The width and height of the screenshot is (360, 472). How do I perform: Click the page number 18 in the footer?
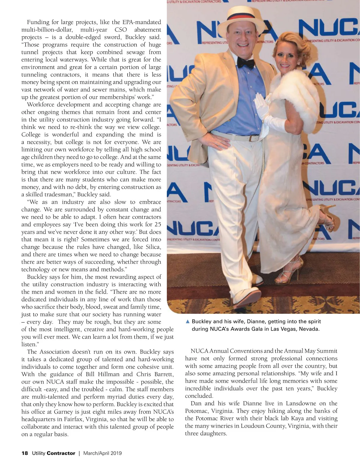point(25,453)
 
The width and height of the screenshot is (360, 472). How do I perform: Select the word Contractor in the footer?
point(61,453)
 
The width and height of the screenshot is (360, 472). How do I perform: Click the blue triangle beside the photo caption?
point(188,322)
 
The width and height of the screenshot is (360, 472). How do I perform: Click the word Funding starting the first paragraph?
point(38,22)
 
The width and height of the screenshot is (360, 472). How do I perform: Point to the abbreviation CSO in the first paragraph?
point(121,30)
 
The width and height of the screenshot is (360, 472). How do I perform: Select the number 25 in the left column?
point(157,224)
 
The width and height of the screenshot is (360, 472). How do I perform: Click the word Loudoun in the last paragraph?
point(254,426)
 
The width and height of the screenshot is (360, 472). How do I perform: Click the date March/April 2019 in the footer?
point(103,453)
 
